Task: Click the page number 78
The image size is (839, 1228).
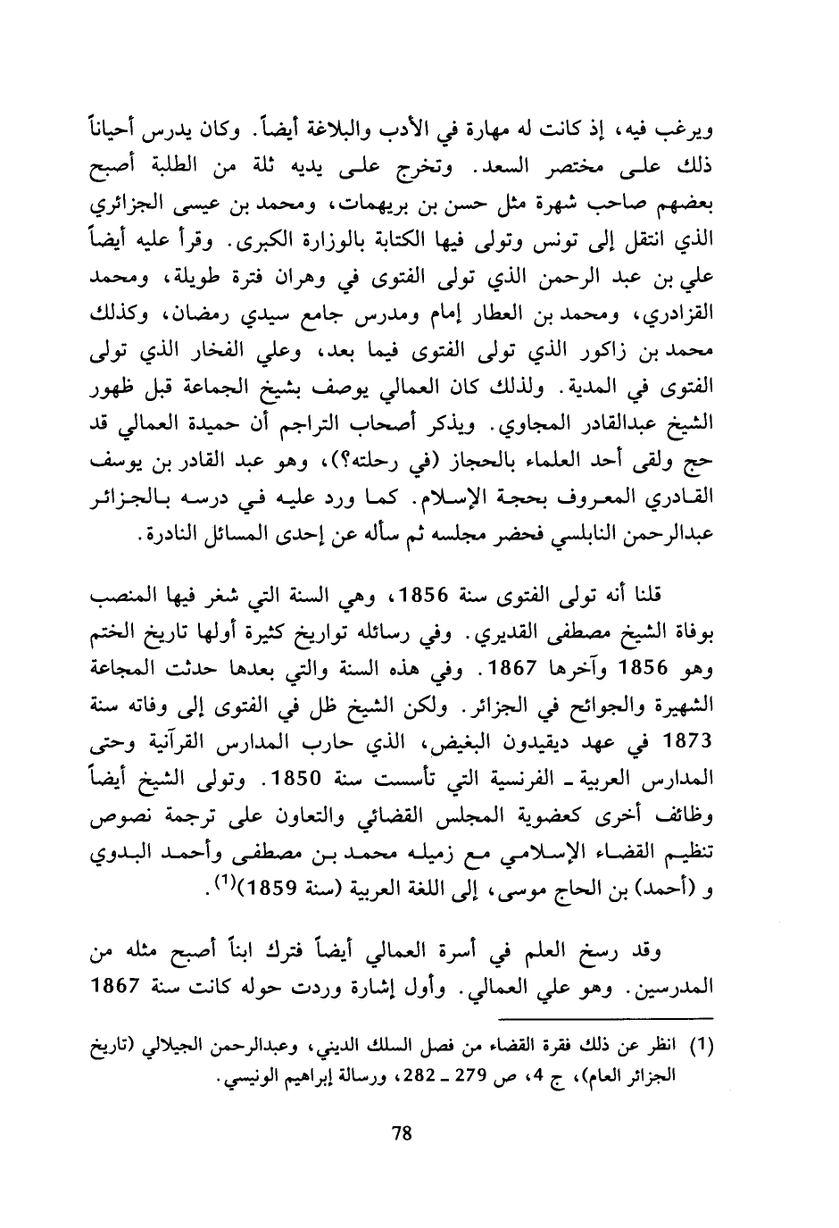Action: [402, 1134]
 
